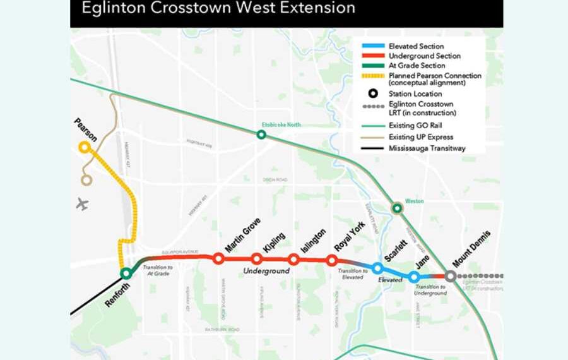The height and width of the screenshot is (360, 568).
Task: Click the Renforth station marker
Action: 126,273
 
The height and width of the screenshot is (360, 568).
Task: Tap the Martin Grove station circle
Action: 218,258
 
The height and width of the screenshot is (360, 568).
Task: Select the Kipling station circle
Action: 256,258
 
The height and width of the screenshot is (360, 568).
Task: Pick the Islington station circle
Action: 293,259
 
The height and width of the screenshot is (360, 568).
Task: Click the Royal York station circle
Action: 332,260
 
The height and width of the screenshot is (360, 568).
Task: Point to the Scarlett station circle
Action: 377,268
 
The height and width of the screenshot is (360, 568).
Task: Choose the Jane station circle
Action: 414,277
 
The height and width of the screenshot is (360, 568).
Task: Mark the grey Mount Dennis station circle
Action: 450,276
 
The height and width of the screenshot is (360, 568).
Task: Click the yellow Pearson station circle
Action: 84,147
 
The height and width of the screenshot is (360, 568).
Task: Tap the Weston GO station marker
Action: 397,208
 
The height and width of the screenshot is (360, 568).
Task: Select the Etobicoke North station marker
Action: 261,134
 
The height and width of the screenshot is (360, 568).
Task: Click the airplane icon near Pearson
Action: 82,204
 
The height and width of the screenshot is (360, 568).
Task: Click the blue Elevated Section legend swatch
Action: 372,46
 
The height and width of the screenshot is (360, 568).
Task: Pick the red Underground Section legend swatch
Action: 372,56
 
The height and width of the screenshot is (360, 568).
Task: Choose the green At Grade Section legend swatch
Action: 372,65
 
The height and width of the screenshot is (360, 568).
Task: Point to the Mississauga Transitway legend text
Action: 427,148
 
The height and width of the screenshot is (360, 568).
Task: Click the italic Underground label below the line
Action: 266,271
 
